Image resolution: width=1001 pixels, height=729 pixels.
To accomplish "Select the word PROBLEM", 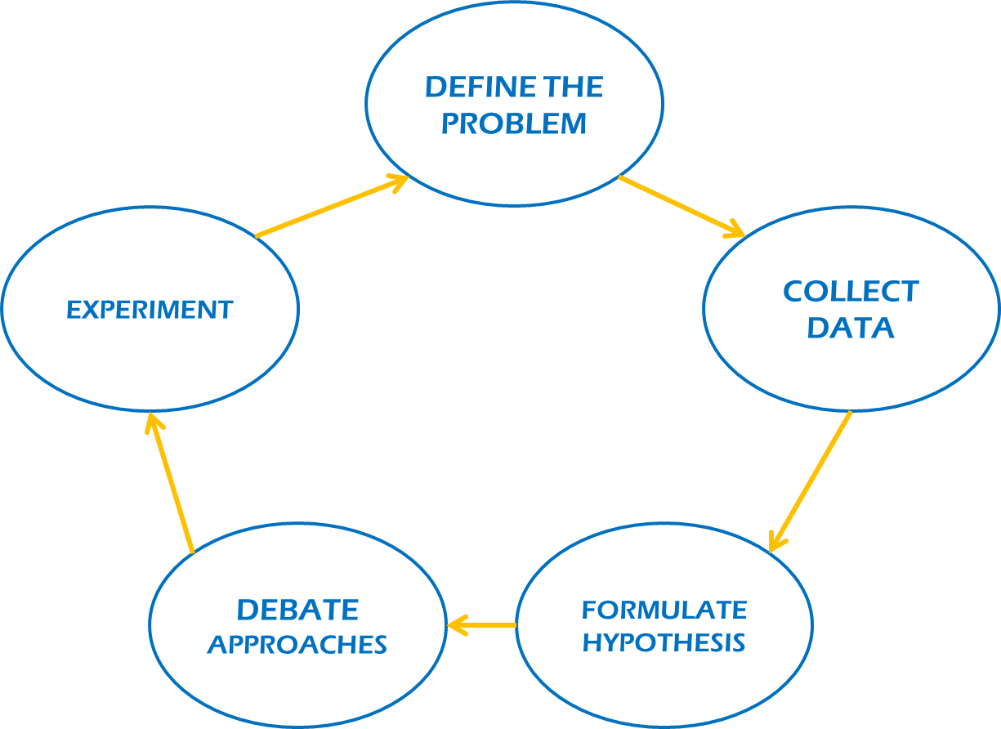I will click(x=514, y=123).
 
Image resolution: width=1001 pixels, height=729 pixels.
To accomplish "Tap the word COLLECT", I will click(x=851, y=292).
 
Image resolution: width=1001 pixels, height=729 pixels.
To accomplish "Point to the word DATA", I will click(x=851, y=328).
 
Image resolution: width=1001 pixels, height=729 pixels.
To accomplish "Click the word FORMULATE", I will click(x=664, y=610).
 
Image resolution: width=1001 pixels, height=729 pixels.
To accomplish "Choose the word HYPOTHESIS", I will click(x=664, y=643).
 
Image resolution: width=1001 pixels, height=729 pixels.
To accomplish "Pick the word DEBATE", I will click(x=297, y=610).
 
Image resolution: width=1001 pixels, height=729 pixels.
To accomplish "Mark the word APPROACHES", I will click(x=297, y=645).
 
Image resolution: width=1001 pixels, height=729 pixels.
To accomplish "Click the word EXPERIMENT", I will click(x=150, y=310).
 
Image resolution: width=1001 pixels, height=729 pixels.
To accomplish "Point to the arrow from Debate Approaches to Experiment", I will click(x=172, y=482).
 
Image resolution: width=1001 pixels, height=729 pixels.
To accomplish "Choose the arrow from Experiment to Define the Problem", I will click(x=331, y=208).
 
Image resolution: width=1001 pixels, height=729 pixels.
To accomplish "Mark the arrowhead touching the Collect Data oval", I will click(x=735, y=230).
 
